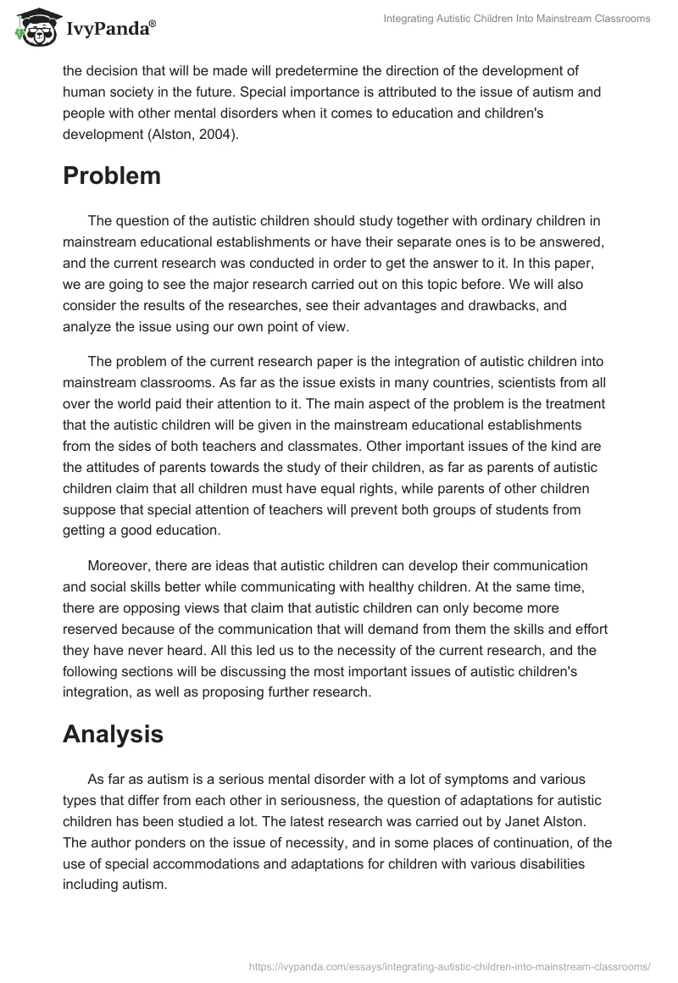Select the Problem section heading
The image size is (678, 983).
click(x=112, y=175)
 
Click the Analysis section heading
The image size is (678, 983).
click(x=113, y=734)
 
